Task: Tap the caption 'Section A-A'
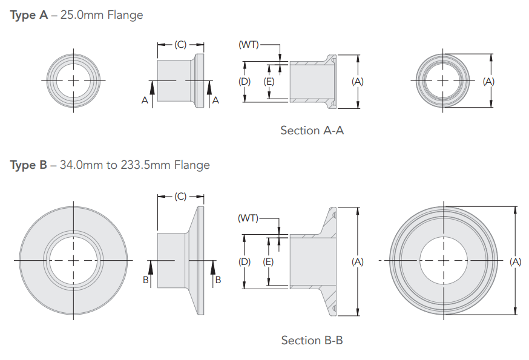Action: click(312, 130)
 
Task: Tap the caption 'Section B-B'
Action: click(312, 340)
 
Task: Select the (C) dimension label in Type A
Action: click(180, 45)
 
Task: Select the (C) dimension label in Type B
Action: click(180, 197)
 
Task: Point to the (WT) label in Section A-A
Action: click(249, 45)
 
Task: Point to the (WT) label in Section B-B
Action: click(248, 218)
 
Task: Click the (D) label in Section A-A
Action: click(245, 81)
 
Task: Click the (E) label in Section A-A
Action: click(269, 81)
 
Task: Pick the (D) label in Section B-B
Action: click(245, 261)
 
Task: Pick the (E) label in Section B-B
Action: click(269, 261)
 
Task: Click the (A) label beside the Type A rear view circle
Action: click(488, 81)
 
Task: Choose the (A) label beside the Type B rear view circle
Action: click(515, 261)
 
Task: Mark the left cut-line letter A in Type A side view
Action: click(145, 101)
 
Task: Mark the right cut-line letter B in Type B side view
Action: click(218, 280)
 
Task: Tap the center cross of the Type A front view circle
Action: click(73, 80)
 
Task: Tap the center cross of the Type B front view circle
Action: click(73, 260)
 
